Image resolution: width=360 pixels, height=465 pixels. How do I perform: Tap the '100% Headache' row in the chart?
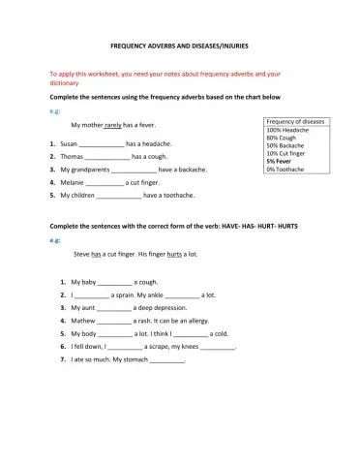[288, 130]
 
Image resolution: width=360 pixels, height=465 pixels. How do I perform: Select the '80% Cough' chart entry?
[284, 138]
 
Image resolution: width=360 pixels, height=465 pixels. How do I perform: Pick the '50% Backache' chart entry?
[287, 145]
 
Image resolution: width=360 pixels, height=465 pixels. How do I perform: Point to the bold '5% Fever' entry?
[282, 161]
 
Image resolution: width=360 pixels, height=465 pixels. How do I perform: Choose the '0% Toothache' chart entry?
[288, 169]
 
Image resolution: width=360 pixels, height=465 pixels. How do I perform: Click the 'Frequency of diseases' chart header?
[296, 121]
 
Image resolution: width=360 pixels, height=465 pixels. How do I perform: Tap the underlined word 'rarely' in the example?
[114, 125]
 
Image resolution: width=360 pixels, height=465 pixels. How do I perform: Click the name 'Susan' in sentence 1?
[70, 142]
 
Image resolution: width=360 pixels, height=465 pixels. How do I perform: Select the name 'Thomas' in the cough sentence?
[73, 156]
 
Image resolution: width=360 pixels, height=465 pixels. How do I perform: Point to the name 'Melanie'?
[75, 182]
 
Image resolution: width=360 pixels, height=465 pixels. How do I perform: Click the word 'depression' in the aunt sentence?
[175, 307]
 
